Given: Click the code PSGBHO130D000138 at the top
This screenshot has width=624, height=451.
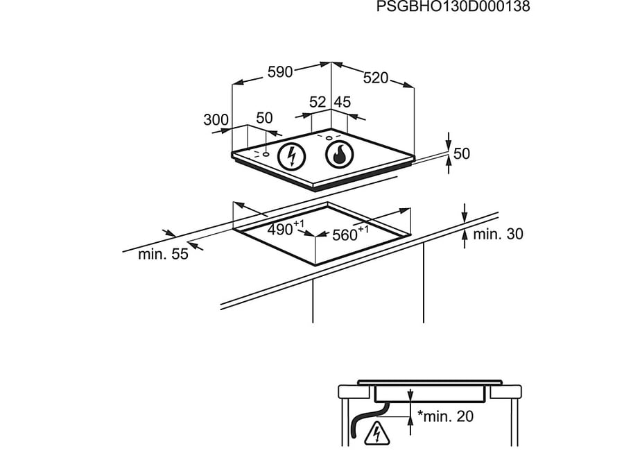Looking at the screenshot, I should point(453,7).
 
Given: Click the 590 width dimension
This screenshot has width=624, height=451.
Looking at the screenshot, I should point(281,71).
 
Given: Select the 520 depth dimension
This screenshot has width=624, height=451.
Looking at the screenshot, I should point(375,78).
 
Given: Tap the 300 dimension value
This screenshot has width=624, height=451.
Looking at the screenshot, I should point(216,119).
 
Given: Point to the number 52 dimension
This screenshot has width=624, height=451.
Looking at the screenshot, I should point(318,102).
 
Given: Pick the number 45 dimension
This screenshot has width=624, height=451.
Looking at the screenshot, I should point(343,102).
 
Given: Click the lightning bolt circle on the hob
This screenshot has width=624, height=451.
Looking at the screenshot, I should point(292,156).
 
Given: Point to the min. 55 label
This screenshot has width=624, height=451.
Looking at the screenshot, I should point(163,255).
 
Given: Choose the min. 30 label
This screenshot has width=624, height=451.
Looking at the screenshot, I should point(498,235).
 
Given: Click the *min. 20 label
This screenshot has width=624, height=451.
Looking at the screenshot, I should point(445,416).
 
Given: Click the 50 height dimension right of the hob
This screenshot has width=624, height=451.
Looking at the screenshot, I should point(461,153).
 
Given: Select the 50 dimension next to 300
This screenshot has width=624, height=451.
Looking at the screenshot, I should point(264,119).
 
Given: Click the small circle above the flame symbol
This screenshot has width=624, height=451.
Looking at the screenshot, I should point(329,137).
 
